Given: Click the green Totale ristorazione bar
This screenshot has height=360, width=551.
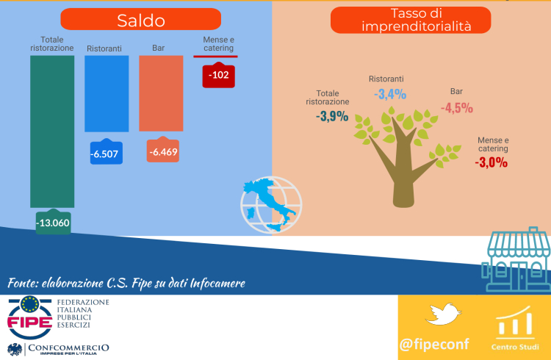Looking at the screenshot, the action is click(52, 132).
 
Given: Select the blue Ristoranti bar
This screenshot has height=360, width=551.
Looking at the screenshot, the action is click(107, 94).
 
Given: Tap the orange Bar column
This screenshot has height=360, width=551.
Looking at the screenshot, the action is click(161, 93).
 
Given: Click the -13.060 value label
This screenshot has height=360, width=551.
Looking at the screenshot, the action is click(54, 222).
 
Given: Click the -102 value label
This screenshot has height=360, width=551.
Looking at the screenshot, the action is click(219, 75).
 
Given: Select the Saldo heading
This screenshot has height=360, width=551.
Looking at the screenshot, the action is click(141, 20).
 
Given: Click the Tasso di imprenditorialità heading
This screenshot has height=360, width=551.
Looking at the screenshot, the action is click(411, 20).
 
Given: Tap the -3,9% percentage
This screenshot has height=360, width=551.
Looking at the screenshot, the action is click(332, 116).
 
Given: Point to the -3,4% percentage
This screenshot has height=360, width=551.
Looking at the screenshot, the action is click(390, 94).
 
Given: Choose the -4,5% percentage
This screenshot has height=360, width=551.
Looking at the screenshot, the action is click(457, 108).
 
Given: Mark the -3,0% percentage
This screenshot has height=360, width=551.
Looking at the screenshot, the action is click(491, 162).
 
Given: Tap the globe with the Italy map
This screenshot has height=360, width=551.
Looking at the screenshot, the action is click(271, 205).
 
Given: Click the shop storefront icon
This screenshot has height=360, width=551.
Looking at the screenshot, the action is click(516, 259).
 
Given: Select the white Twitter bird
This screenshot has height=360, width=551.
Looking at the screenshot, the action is click(443, 314).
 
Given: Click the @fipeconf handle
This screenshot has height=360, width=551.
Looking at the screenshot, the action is click(434, 344).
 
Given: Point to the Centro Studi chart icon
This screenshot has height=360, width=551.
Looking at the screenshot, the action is click(515, 320).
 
